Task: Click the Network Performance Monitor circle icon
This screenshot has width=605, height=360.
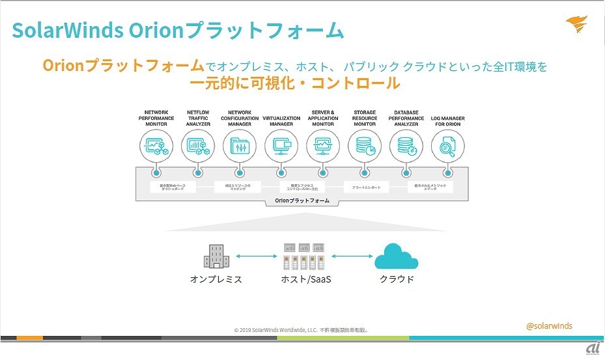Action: coord(156,146)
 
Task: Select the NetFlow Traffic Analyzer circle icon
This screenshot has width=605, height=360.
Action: coord(197,146)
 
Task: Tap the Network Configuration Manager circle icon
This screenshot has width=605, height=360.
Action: coord(240,146)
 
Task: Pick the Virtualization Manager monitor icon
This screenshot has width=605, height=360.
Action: coord(281,146)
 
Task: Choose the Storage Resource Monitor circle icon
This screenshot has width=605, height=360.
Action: coord(365,146)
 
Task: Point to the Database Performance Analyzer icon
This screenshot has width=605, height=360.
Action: coord(406,146)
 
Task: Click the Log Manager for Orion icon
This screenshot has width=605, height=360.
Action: coord(448,146)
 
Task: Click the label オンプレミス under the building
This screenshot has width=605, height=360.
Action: coord(216,279)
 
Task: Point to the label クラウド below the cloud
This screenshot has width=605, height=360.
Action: coord(397,279)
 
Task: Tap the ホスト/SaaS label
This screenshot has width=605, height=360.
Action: coord(303,279)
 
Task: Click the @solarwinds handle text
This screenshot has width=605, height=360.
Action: coord(549,325)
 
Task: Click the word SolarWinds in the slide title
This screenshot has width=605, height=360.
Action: coord(64,31)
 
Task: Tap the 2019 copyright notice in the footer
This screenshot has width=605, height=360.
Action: coord(302,330)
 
